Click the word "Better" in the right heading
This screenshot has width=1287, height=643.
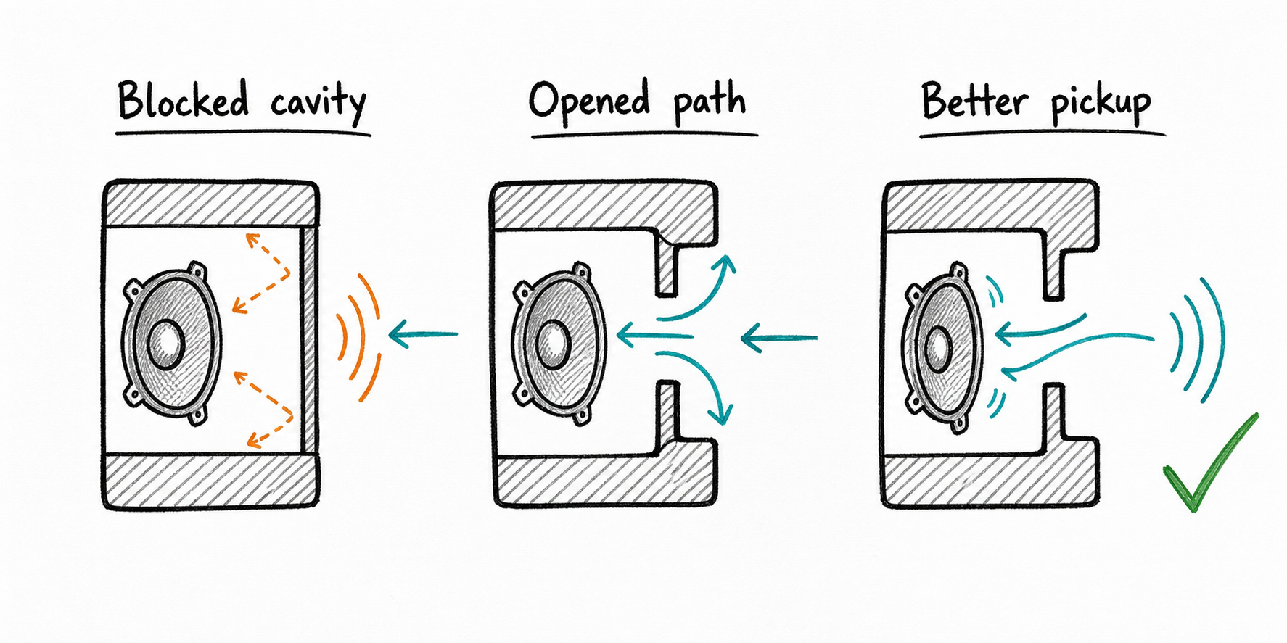click(974, 101)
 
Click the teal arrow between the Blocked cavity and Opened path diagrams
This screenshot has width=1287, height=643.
click(424, 334)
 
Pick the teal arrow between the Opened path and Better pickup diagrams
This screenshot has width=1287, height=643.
click(779, 338)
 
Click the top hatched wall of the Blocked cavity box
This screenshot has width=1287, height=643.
click(211, 204)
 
